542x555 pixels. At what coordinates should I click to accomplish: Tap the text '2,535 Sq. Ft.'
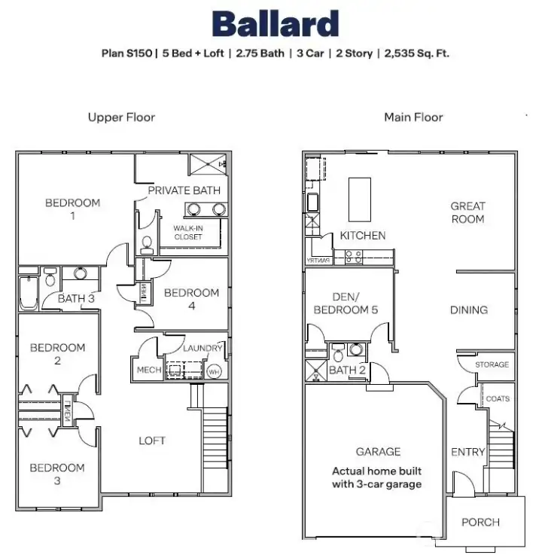click(417, 53)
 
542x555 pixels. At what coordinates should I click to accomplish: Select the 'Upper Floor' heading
click(121, 117)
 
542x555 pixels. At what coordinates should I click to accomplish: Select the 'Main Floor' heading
click(413, 117)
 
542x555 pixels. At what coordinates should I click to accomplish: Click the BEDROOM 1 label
click(72, 209)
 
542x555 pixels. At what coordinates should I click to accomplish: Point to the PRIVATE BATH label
click(184, 191)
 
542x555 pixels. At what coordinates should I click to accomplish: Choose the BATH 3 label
click(78, 298)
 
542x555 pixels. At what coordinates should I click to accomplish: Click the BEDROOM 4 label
click(191, 299)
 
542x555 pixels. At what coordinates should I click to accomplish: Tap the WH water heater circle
click(214, 371)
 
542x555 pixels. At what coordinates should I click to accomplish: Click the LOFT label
click(151, 441)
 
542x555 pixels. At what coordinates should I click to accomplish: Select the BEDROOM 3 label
click(57, 474)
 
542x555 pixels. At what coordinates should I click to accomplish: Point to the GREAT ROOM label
click(467, 212)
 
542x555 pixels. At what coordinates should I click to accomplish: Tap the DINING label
click(468, 310)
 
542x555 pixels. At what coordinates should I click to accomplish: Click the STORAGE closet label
click(492, 364)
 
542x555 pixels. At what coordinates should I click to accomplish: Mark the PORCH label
click(480, 522)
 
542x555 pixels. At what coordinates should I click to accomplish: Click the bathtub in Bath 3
click(28, 294)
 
